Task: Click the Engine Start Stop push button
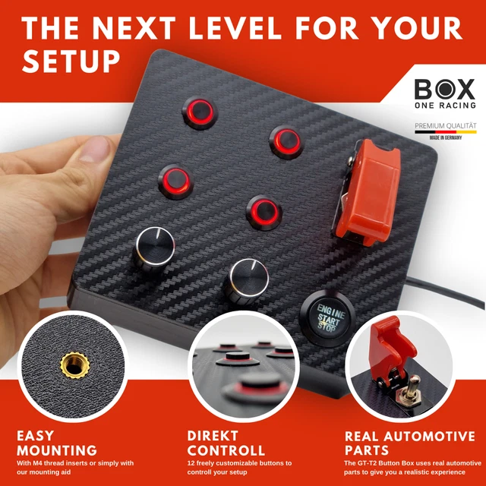click(326, 313)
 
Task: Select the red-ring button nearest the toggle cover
click(288, 139)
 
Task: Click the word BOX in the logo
click(444, 89)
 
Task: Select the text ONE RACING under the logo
click(445, 106)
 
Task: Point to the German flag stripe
click(445, 131)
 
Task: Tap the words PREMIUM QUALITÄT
click(445, 125)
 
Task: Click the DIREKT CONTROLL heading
click(227, 443)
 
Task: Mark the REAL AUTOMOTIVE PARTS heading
click(410, 443)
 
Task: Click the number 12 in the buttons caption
click(191, 462)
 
